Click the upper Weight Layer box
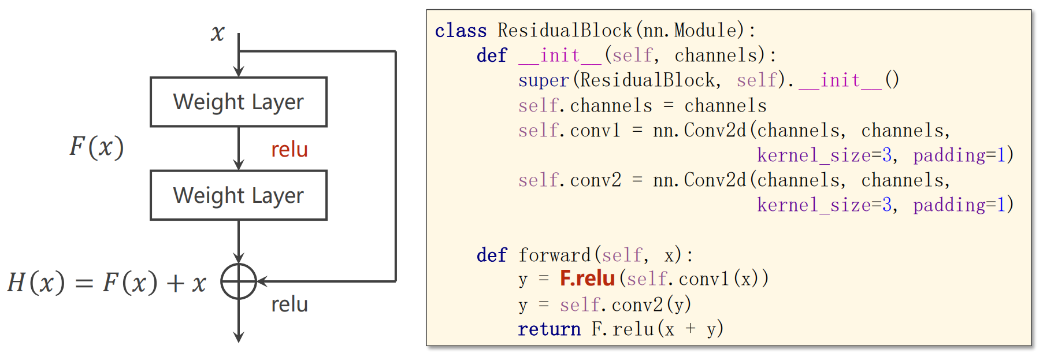point(239,102)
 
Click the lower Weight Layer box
point(239,195)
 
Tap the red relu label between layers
point(289,150)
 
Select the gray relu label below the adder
point(289,305)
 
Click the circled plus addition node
point(239,281)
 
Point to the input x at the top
point(218,33)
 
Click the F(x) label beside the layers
point(96,147)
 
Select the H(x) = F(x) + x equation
point(107,283)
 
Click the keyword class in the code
point(461,31)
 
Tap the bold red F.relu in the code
point(587,279)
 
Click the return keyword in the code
point(549,329)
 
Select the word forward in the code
point(554,255)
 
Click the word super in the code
point(543,80)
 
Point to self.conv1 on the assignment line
point(569,131)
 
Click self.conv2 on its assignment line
point(569,180)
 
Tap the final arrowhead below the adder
point(239,337)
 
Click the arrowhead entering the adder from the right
point(262,281)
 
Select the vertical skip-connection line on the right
point(396,168)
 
